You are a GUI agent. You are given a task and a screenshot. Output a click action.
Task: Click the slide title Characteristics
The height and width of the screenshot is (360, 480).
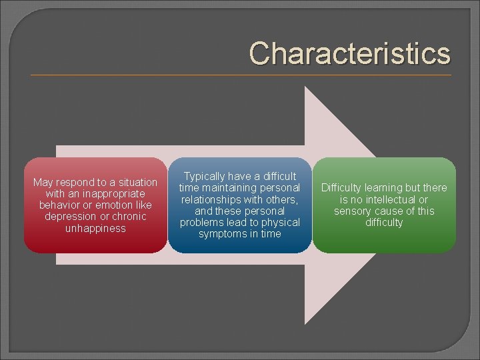[349, 53]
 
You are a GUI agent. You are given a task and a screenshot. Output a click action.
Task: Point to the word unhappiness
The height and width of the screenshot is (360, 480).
[95, 228]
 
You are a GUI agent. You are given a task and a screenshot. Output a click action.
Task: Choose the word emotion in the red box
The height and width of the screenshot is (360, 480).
[111, 205]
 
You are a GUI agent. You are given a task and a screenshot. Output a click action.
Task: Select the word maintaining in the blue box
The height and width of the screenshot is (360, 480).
[230, 187]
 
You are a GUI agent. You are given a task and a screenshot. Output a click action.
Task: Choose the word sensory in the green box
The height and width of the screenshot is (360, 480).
[354, 211]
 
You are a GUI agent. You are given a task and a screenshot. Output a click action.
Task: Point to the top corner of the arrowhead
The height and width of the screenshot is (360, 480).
[305, 87]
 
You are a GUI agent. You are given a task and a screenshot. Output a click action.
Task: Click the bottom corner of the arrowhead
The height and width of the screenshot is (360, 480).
[305, 324]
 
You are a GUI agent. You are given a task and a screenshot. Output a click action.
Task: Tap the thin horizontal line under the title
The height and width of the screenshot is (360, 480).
[240, 75]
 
